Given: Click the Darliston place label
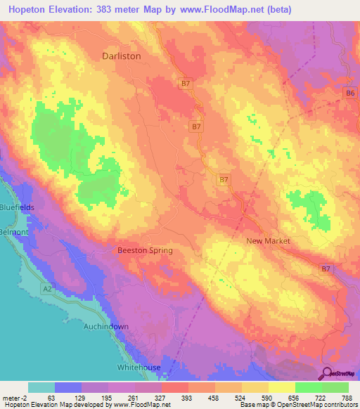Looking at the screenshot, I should [x=122, y=56].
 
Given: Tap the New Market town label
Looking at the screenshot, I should [x=268, y=241].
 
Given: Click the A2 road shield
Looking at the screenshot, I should [x=46, y=287].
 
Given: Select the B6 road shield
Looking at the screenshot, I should [x=349, y=92].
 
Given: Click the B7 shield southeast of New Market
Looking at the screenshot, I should [x=326, y=268].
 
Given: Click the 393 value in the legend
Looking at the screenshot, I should [x=167, y=397].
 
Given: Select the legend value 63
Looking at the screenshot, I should [x=51, y=397].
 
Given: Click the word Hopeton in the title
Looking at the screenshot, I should [x=26, y=9].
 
